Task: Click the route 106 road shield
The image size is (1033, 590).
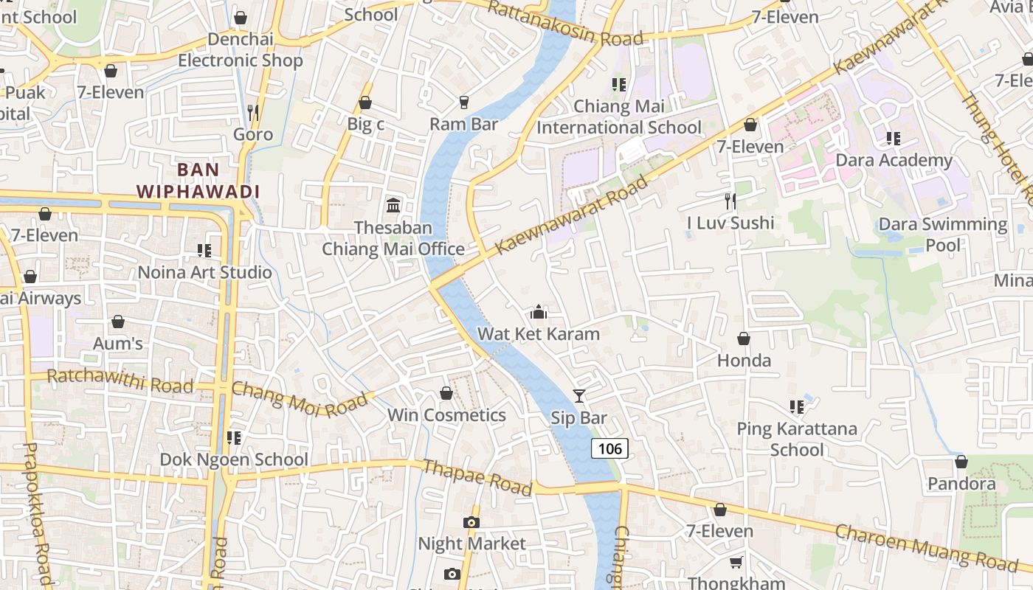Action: click(x=609, y=448)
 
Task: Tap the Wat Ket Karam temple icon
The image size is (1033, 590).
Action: click(x=539, y=312)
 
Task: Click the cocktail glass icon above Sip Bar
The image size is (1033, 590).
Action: click(x=579, y=396)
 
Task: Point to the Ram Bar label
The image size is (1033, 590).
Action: click(x=463, y=124)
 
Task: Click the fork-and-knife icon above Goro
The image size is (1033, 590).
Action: click(x=253, y=112)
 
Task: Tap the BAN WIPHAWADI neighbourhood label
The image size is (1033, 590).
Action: click(x=198, y=181)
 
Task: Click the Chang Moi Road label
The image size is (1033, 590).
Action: click(x=299, y=399)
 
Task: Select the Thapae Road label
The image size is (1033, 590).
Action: click(x=477, y=477)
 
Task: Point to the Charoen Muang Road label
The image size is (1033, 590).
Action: click(x=926, y=547)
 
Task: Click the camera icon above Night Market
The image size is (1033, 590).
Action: click(x=471, y=522)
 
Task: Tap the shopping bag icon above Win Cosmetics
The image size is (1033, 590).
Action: click(x=446, y=393)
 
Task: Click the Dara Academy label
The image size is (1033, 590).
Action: click(x=894, y=160)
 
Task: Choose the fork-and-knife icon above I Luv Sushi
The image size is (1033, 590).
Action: click(x=730, y=201)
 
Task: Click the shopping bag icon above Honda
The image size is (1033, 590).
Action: click(x=744, y=339)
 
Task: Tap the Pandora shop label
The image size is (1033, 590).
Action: click(x=961, y=484)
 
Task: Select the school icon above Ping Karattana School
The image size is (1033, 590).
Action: click(x=796, y=406)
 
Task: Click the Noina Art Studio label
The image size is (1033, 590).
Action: click(x=205, y=272)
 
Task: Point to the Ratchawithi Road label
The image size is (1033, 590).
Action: click(x=120, y=381)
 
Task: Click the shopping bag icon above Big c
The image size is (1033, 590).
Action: click(x=365, y=103)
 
